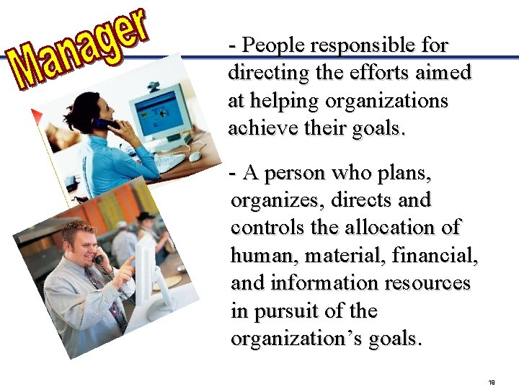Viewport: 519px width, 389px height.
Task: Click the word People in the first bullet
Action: coord(266,45)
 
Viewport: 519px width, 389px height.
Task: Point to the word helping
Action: coord(297,101)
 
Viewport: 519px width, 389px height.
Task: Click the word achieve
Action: coord(259,128)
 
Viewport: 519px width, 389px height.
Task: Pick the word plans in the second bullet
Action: coord(404,173)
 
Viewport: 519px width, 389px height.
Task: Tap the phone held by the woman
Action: coord(106,124)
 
